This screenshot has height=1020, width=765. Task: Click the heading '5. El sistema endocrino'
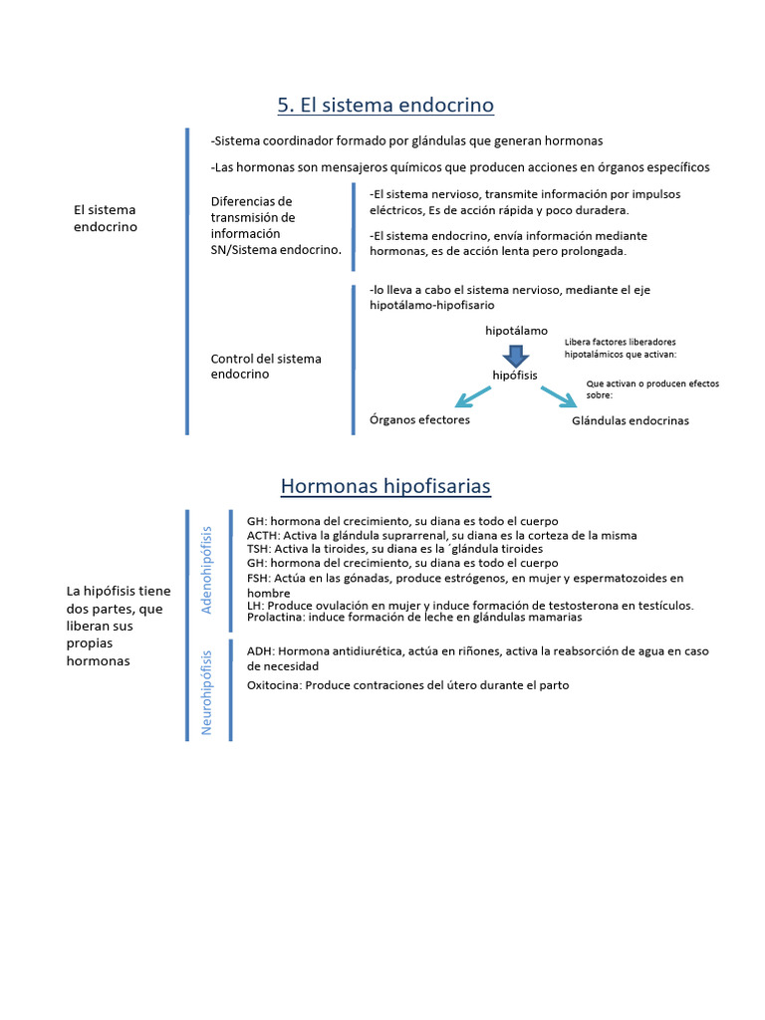click(x=385, y=105)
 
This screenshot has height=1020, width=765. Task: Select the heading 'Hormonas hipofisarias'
click(x=385, y=486)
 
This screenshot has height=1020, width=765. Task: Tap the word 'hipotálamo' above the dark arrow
click(x=516, y=330)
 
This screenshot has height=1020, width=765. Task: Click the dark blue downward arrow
click(x=515, y=355)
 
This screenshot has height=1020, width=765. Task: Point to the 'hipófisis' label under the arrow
click(x=515, y=375)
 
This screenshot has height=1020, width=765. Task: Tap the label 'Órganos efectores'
click(x=419, y=419)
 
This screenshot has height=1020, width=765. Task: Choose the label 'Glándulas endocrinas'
click(x=630, y=420)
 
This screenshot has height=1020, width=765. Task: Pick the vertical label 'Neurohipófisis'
click(x=207, y=692)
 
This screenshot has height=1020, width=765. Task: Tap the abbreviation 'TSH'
click(x=258, y=549)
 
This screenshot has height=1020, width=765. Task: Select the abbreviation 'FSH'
click(x=258, y=578)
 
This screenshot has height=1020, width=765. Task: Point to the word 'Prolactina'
click(x=277, y=618)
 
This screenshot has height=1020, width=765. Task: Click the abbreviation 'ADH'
click(x=260, y=651)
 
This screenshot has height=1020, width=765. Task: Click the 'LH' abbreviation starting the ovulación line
click(x=254, y=605)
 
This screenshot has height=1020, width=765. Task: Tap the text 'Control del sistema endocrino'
click(x=266, y=367)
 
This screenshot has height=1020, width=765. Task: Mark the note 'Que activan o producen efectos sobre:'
click(x=652, y=388)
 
